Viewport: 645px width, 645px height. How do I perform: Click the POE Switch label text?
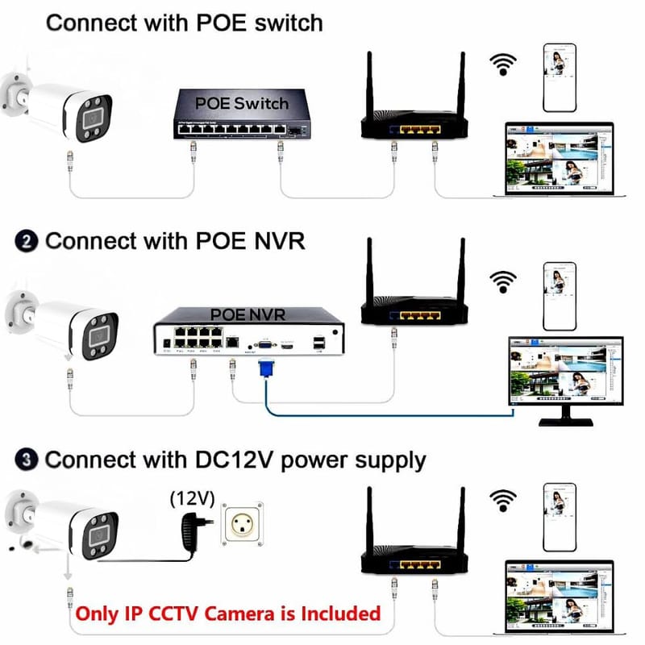point(241,103)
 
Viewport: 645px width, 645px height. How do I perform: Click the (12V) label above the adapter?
point(192,499)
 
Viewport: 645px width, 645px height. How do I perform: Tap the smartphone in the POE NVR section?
point(560,295)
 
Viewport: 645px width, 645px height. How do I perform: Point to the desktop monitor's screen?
point(564,371)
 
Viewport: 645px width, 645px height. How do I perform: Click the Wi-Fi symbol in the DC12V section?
point(506,500)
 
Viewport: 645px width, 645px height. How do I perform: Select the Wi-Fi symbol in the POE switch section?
point(506,64)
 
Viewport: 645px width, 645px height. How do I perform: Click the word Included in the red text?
point(339,614)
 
